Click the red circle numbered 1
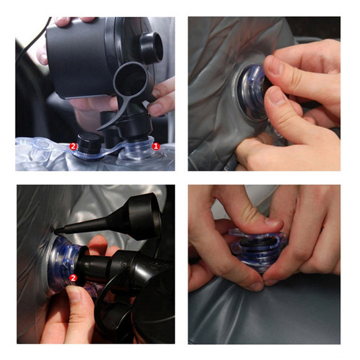[156, 146]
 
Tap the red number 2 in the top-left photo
[73, 147]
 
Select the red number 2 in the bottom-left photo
[73, 278]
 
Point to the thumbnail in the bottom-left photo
[73, 294]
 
